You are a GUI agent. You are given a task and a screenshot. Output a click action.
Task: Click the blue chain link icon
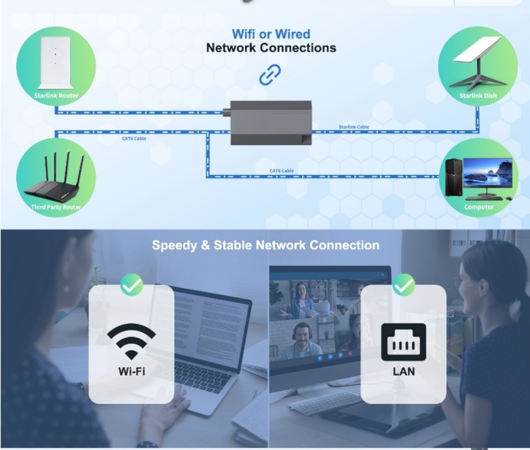(x=270, y=75)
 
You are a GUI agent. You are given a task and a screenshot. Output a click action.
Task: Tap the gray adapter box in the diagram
(x=271, y=122)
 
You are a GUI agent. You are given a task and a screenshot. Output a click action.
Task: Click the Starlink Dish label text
(x=478, y=96)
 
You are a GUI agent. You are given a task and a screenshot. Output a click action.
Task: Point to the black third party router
(x=55, y=183)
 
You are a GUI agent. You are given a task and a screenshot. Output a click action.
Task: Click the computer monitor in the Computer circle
(x=488, y=175)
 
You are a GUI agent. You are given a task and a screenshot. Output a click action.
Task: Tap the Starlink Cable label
(x=354, y=127)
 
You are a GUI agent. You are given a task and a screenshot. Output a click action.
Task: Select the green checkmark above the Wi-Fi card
(x=132, y=286)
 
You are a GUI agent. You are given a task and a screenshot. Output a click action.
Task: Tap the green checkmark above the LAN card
(x=403, y=286)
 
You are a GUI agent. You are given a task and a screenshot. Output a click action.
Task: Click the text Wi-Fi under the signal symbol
(x=132, y=371)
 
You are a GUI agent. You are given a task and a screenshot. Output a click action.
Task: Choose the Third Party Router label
(x=56, y=207)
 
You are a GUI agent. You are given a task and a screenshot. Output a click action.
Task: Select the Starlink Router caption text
(x=56, y=96)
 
